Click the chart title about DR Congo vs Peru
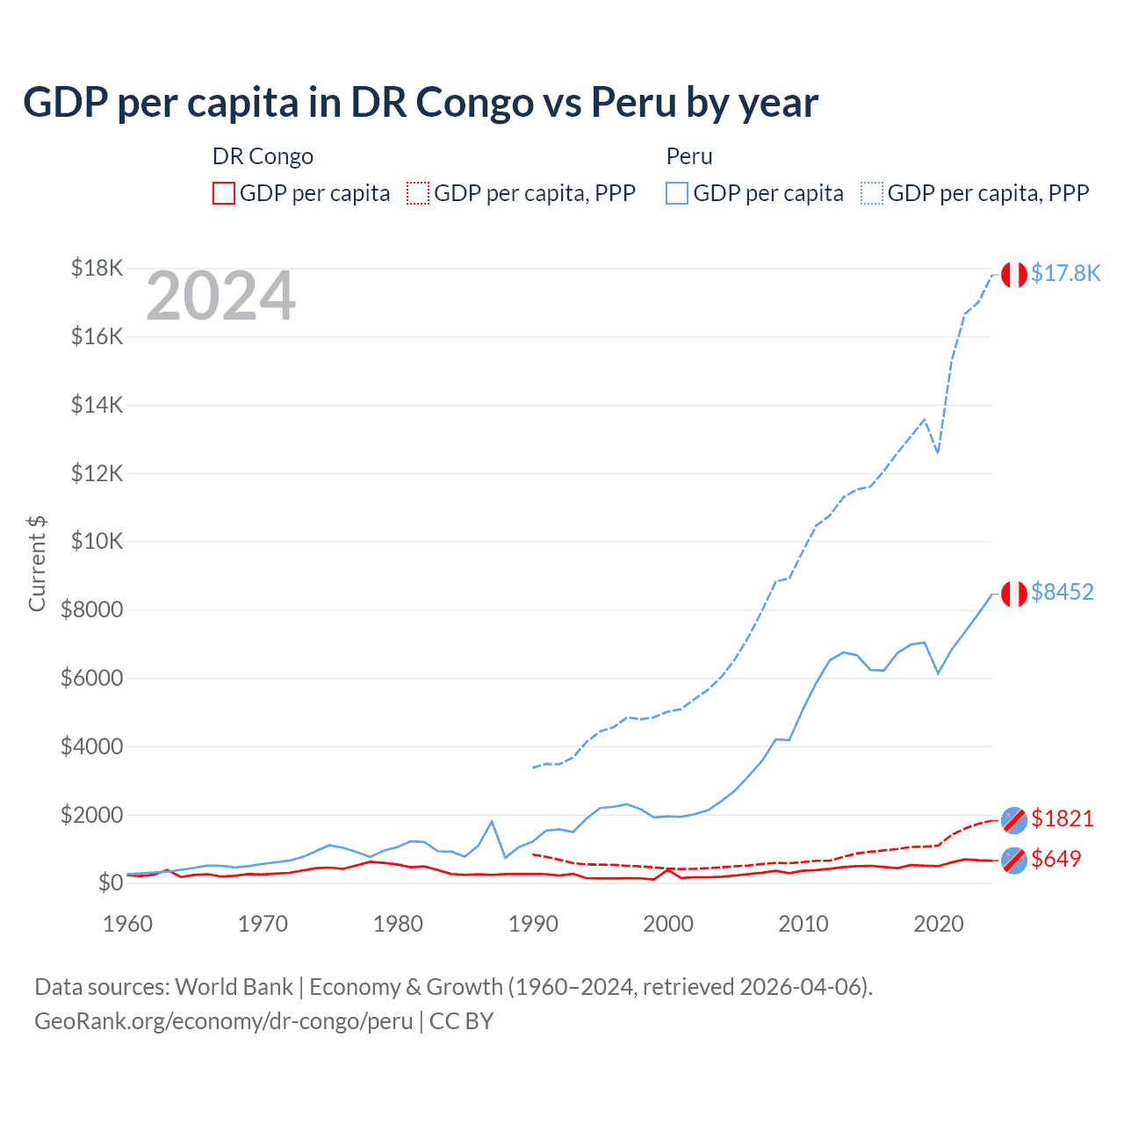[421, 103]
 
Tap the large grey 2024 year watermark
[220, 297]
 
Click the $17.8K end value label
[1065, 273]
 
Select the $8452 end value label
[1062, 592]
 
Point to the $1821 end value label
[1062, 818]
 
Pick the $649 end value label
[1056, 859]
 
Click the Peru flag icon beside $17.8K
[1014, 275]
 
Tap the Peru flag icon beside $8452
[1014, 594]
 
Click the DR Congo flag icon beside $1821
[1014, 819]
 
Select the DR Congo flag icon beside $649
[1014, 861]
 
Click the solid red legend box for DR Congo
[224, 193]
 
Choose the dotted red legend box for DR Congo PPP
[418, 193]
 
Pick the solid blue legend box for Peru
[677, 193]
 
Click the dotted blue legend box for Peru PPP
[872, 193]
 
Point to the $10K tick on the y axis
[97, 541]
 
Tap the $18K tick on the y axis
[97, 268]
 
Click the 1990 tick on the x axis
[533, 924]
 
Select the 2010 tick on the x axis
[803, 924]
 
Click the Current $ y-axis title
[37, 564]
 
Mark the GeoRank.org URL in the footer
[223, 1021]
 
